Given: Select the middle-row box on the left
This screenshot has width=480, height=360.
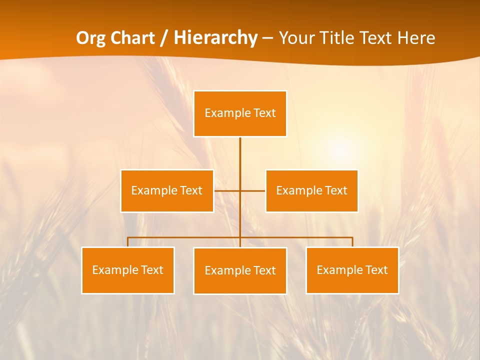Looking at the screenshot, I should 167,190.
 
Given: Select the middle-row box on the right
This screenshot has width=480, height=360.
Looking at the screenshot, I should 311,190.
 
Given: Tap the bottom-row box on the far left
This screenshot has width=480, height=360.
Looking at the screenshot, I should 127,270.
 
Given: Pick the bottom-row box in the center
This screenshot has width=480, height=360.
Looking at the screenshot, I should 240,270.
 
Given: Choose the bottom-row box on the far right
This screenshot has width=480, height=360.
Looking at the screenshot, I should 352,270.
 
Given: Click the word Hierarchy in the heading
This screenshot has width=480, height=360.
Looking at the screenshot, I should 215,38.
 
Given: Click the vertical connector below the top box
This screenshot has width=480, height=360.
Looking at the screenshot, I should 240,160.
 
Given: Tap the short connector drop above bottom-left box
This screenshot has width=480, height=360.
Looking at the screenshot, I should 128,242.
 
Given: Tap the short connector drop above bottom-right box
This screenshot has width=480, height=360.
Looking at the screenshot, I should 352,242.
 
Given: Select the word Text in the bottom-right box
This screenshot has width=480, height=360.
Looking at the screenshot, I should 376,270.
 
